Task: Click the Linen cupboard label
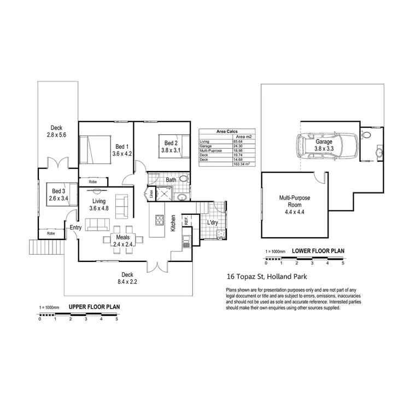click(151, 193)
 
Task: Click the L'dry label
click(213, 222)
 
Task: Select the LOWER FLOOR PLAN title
click(318, 251)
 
